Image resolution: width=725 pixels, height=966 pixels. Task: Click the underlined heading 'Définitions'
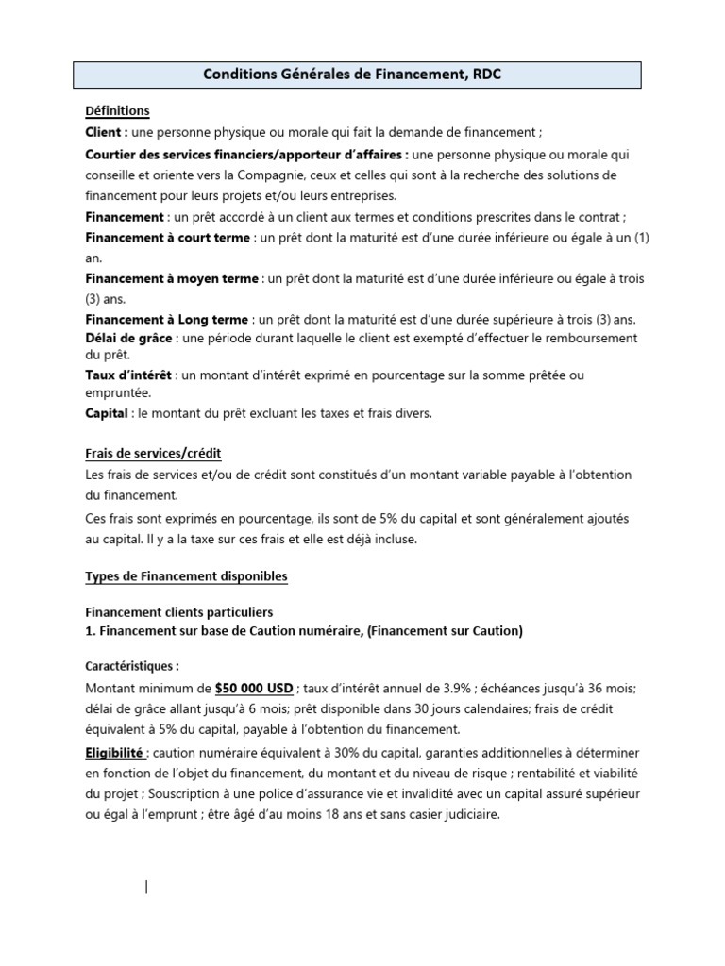pyautogui.click(x=117, y=111)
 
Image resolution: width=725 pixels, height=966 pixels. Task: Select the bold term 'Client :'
pyautogui.click(x=107, y=132)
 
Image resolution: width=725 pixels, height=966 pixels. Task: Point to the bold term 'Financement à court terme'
pyautogui.click(x=168, y=238)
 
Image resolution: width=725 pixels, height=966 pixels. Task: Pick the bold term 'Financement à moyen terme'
pyautogui.click(x=172, y=279)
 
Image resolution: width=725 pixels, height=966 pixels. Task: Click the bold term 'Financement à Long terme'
pyautogui.click(x=167, y=320)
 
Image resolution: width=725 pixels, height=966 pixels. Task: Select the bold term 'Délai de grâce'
pyautogui.click(x=129, y=338)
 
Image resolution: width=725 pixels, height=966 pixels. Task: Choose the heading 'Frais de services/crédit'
pyautogui.click(x=153, y=454)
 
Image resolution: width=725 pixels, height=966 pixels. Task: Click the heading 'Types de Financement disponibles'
pyautogui.click(x=187, y=575)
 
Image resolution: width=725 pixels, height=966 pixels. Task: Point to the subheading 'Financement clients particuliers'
pyautogui.click(x=179, y=612)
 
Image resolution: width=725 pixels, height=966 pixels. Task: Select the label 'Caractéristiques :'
pyautogui.click(x=132, y=665)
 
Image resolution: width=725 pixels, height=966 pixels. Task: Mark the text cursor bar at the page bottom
pyautogui.click(x=146, y=887)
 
